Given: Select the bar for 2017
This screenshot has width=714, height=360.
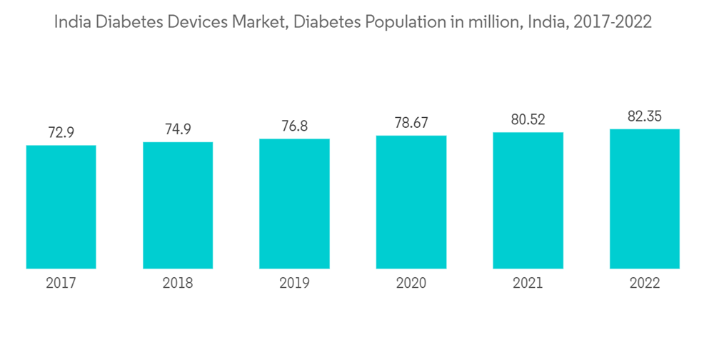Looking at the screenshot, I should click(61, 207).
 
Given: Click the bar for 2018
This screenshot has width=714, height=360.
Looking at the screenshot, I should click(178, 206).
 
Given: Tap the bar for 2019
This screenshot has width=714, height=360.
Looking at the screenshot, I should click(294, 204).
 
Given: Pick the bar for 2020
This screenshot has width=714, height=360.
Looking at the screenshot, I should click(411, 202).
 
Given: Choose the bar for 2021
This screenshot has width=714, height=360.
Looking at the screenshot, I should click(528, 201).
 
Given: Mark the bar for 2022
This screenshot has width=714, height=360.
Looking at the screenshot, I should click(645, 199).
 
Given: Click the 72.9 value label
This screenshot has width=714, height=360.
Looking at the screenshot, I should click(61, 133).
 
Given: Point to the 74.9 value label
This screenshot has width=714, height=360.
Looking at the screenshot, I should click(178, 129).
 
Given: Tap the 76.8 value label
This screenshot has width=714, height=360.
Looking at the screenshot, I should click(294, 126).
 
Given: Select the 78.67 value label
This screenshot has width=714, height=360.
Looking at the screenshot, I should click(411, 123).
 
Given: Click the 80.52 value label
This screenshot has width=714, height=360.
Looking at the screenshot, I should click(528, 120).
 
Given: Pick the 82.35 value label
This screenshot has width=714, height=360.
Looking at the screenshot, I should click(645, 116).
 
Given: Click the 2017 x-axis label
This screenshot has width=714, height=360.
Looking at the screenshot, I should click(61, 284).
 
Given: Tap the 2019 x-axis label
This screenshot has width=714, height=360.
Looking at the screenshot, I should click(294, 284).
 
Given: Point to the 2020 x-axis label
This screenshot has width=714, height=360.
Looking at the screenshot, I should click(411, 284).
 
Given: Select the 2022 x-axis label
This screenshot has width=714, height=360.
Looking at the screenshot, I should click(645, 284).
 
